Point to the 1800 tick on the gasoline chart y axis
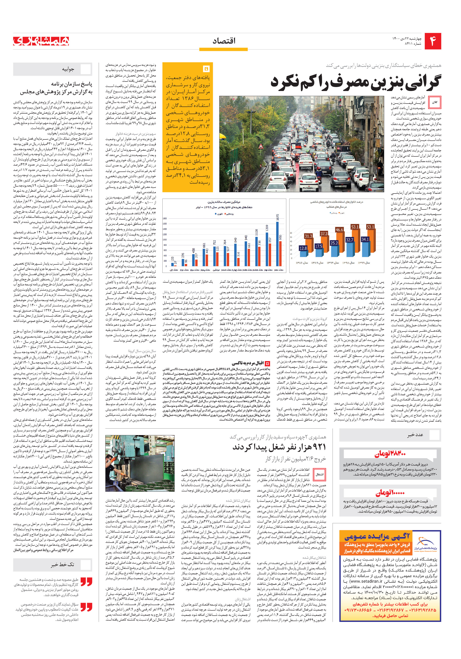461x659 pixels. pyautogui.click(x=165, y=219)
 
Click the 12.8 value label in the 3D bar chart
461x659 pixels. pyautogui.click(x=303, y=248)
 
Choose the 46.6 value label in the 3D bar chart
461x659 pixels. pyautogui.click(x=339, y=230)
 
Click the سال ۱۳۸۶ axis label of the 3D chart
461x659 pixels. pyautogui.click(x=302, y=263)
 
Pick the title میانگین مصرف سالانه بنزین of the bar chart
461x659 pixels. pyautogui.click(x=224, y=202)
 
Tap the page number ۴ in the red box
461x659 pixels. pyautogui.click(x=433, y=41)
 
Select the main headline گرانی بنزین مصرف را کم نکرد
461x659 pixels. pyautogui.click(x=355, y=82)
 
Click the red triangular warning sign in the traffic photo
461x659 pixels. pyautogui.click(x=261, y=146)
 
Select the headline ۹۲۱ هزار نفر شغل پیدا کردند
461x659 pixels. pyautogui.click(x=279, y=447)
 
